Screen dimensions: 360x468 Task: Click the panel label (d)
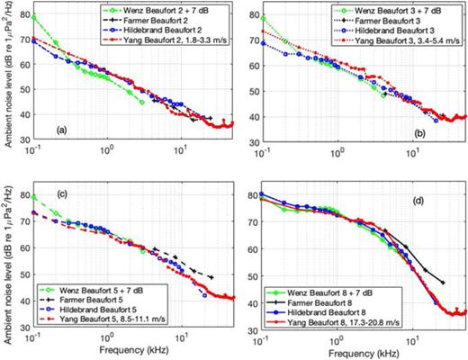tap(293, 196)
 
